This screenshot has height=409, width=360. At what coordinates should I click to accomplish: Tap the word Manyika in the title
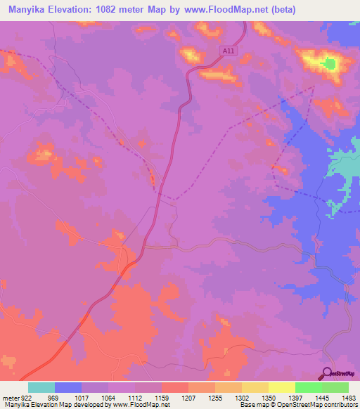click(x=30, y=10)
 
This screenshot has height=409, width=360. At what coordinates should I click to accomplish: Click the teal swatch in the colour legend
click(x=41, y=387)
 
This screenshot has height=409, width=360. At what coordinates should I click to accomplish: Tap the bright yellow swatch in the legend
click(x=281, y=387)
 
